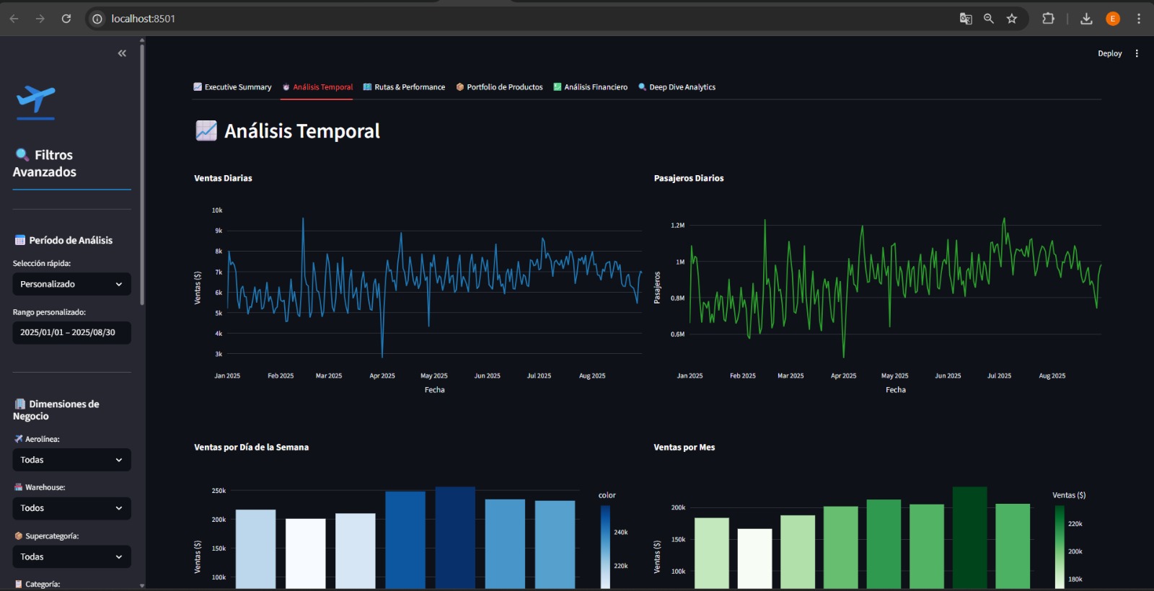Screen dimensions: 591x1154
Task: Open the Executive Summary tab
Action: pos(232,87)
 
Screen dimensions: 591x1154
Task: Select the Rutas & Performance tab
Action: pos(404,87)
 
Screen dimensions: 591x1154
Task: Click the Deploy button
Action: pos(1109,53)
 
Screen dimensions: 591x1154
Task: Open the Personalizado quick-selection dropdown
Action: pos(71,284)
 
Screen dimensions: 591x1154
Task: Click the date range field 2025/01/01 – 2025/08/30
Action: pos(71,332)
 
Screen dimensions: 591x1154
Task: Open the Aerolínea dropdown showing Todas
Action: pos(71,460)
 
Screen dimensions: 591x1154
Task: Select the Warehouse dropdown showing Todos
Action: pos(71,508)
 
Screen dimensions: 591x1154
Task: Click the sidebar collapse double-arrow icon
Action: pos(122,53)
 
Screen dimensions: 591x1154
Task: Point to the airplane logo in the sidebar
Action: pos(35,99)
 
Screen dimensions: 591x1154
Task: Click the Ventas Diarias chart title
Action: pos(223,178)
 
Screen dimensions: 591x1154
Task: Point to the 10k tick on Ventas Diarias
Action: pos(217,210)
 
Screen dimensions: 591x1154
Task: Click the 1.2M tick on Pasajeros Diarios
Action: pos(677,226)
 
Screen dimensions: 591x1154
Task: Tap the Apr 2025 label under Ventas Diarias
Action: pos(382,376)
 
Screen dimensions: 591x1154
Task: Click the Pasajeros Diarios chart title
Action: pos(688,178)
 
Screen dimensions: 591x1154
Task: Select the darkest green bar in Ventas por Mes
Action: pos(969,537)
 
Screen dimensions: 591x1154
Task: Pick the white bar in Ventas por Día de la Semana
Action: pos(305,553)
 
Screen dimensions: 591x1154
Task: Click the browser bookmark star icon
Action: pos(1012,19)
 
